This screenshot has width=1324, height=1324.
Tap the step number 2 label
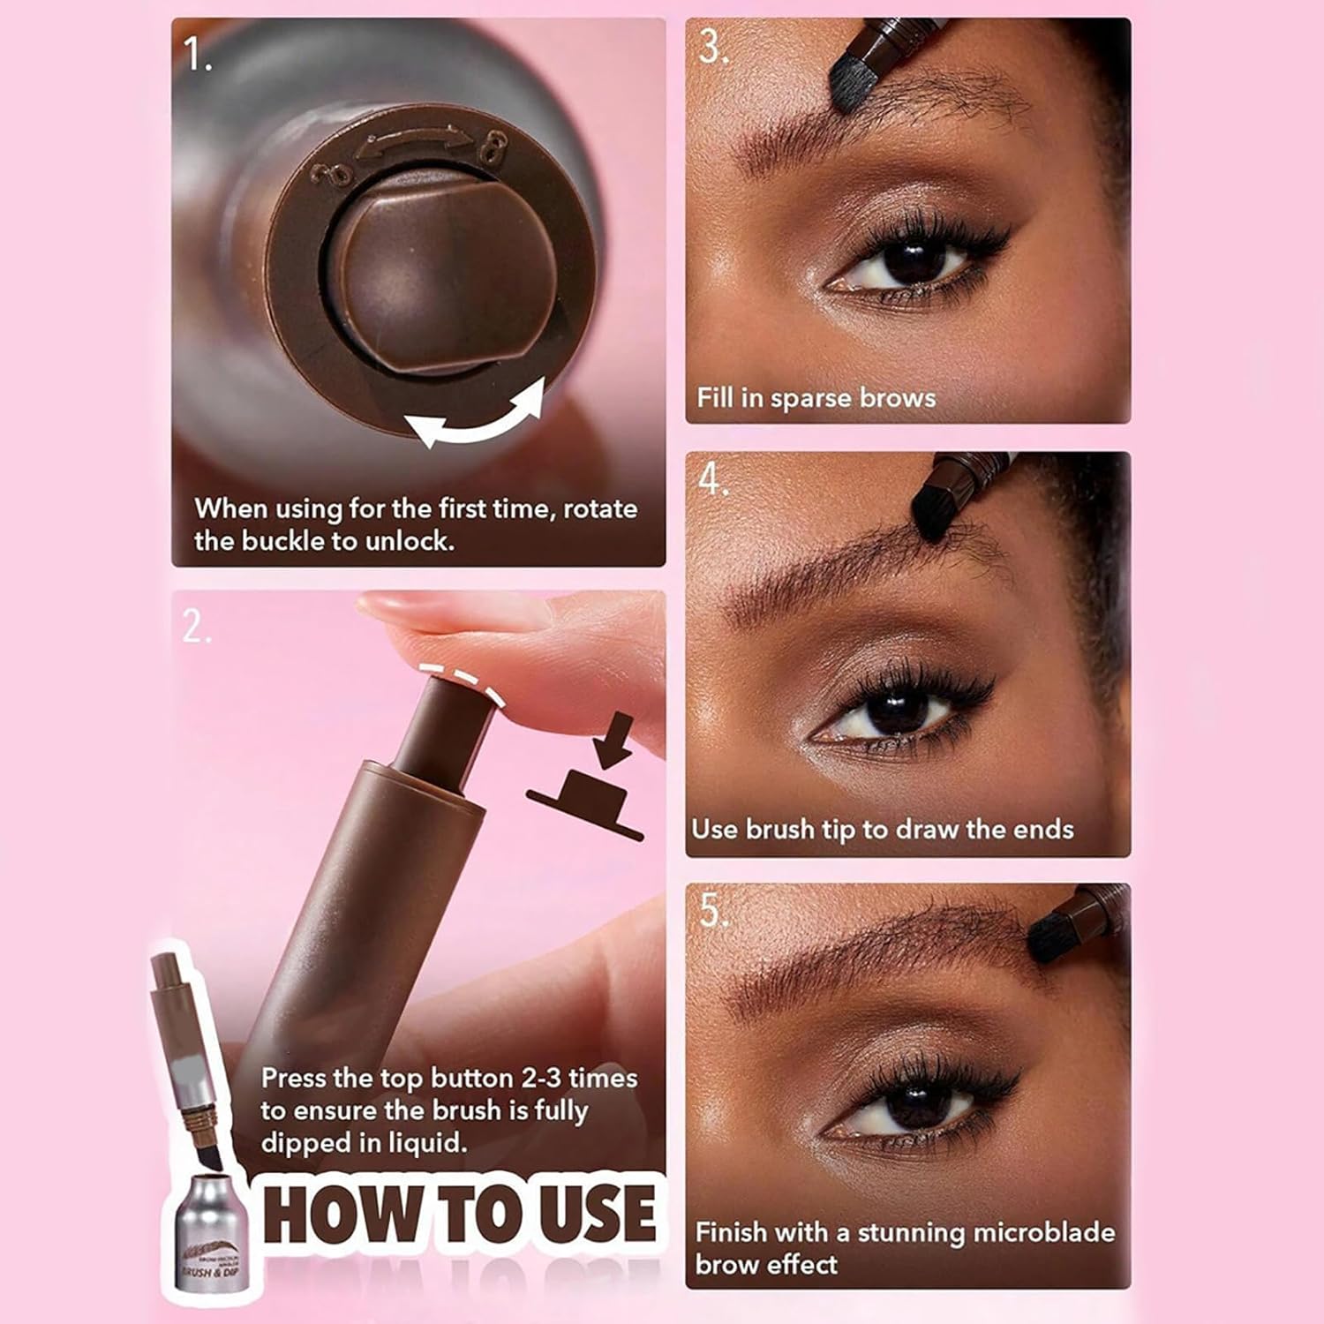tap(196, 627)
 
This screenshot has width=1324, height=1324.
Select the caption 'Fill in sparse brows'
tap(816, 398)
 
